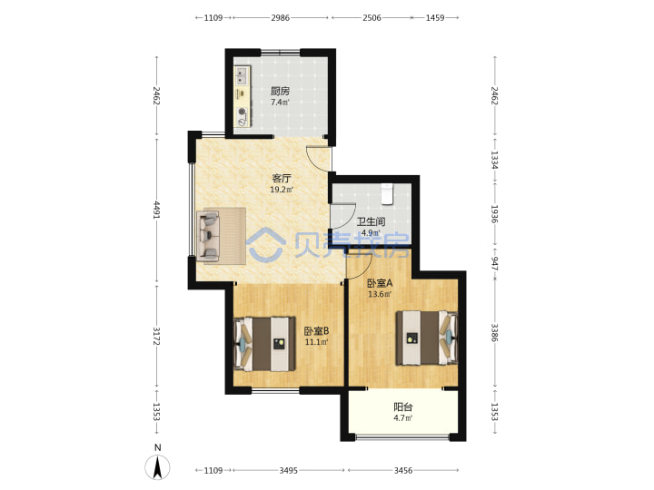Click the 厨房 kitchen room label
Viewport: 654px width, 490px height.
pos(280,91)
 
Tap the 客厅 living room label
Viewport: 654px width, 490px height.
pos(282,179)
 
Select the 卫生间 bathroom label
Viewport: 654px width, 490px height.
pos(371,221)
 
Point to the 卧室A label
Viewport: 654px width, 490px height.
pos(380,283)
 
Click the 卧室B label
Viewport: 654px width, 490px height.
pos(316,331)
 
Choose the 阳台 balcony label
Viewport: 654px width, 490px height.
pos(403,407)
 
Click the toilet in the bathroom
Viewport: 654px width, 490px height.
pos(388,194)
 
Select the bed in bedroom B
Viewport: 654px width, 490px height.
pos(264,344)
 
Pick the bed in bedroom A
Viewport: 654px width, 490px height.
pos(427,338)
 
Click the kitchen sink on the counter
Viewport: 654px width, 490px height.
pos(241,76)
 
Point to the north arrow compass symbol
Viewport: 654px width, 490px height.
pos(158,466)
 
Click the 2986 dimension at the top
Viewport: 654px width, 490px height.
pos(281,18)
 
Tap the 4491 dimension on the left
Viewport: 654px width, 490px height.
pos(157,210)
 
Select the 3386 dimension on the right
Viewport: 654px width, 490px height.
pos(495,332)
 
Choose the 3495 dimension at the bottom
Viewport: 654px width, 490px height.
pos(289,470)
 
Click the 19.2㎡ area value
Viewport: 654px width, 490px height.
pos(282,190)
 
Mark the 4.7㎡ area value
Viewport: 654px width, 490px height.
pos(403,418)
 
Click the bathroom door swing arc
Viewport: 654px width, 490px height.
pos(348,220)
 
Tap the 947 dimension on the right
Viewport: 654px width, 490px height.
pos(495,263)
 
